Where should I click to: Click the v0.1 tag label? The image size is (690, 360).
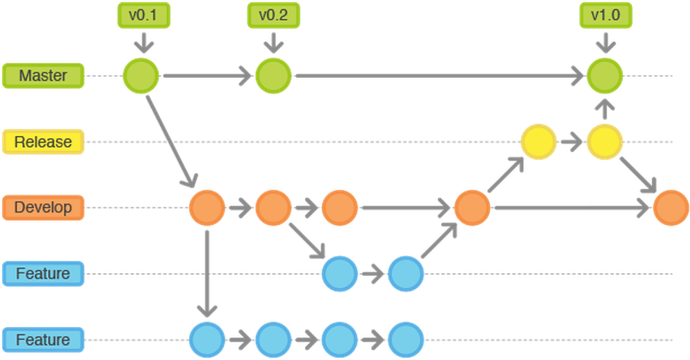(141, 15)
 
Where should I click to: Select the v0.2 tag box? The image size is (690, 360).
(273, 15)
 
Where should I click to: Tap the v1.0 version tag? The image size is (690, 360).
(605, 15)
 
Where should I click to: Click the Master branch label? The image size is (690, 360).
(43, 75)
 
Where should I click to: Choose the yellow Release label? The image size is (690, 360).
(43, 141)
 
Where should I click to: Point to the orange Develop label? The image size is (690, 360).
(43, 207)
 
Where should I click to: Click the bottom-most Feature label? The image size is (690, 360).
(43, 340)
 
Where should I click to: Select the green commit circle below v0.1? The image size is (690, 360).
(141, 75)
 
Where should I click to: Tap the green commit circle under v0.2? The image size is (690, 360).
(274, 75)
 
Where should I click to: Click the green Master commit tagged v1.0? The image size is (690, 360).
(605, 75)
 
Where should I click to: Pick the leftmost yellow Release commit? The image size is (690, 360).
(538, 141)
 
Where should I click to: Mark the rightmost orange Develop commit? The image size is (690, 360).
(671, 208)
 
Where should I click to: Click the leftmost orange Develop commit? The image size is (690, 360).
(207, 208)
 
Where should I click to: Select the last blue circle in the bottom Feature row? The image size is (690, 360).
(406, 340)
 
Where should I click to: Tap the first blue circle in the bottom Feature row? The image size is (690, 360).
(207, 340)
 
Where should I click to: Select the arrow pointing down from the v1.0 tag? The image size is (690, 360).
(605, 43)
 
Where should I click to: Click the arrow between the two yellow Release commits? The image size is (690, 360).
(571, 142)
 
